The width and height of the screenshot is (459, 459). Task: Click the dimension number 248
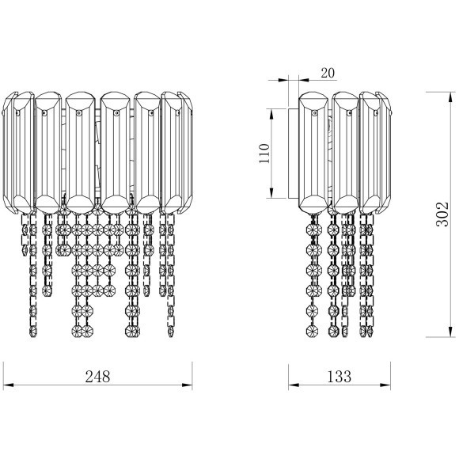97,377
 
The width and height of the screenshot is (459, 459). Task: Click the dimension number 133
339,377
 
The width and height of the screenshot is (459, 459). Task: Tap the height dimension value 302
442,214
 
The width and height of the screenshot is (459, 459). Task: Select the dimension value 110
264,154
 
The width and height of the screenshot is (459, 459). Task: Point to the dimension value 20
328,73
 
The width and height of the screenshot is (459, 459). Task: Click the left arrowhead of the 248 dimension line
8,385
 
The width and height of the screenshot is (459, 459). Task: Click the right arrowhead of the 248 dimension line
188,385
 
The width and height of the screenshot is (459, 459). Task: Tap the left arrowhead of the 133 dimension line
294,385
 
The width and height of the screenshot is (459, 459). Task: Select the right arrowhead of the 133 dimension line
385,385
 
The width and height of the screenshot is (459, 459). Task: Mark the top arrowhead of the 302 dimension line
450,97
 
